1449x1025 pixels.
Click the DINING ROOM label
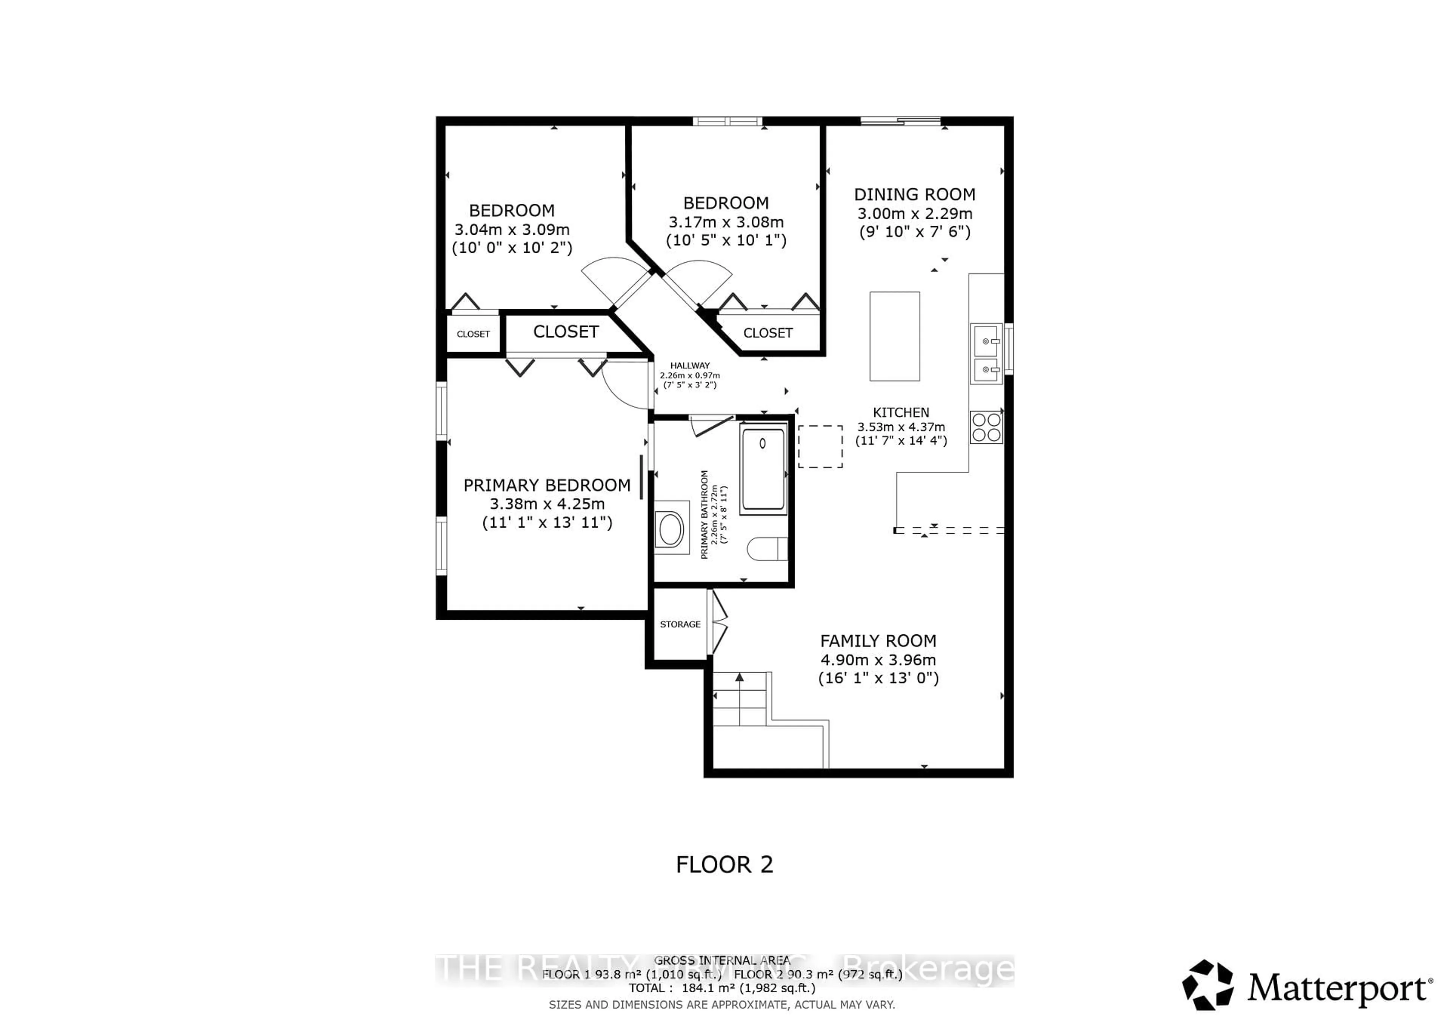pos(914,194)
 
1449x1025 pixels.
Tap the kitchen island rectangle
pos(894,336)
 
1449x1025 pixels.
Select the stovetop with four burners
pos(986,427)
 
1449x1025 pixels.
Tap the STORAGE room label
pos(680,624)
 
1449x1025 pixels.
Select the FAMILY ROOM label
pos(878,641)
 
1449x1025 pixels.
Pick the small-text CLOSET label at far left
pos(473,334)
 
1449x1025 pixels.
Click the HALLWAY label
pos(690,365)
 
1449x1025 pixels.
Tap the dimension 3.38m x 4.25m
pos(547,504)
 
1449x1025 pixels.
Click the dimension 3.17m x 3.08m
pos(726,222)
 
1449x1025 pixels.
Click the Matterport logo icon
pos(1207,985)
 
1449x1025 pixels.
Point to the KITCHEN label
pos(901,412)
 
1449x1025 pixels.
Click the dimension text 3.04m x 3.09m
pos(512,230)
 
